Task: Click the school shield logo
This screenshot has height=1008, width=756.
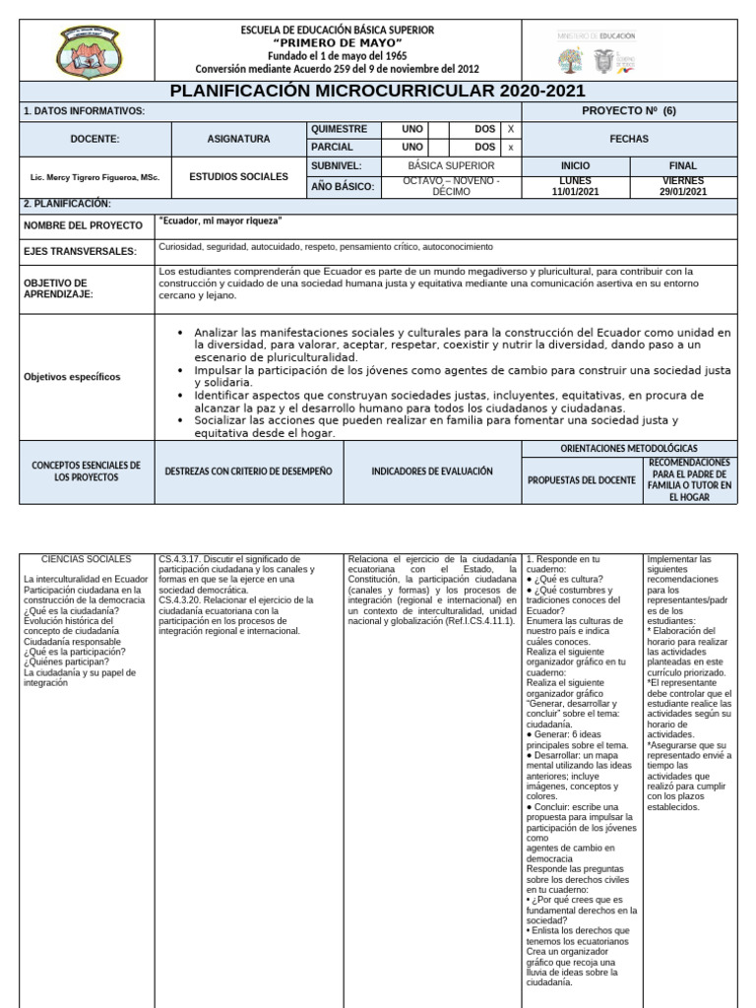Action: point(88,50)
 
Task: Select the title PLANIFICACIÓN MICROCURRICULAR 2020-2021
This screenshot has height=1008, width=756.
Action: point(378,92)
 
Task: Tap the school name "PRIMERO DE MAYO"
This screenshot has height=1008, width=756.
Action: point(337,43)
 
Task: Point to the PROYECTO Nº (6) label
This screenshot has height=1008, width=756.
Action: point(628,111)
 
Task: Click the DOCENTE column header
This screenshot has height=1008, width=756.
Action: point(94,139)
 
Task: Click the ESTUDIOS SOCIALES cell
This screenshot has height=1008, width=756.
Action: point(238,176)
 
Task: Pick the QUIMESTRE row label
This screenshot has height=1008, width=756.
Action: point(339,129)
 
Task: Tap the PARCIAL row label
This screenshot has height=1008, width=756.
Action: point(333,148)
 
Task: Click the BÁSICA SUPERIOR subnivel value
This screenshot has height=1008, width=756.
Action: point(452,166)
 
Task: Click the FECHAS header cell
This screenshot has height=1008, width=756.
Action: point(628,139)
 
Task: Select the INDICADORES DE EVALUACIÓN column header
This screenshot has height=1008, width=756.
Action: point(431,472)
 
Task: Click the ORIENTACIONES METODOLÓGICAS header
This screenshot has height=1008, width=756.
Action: point(628,448)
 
